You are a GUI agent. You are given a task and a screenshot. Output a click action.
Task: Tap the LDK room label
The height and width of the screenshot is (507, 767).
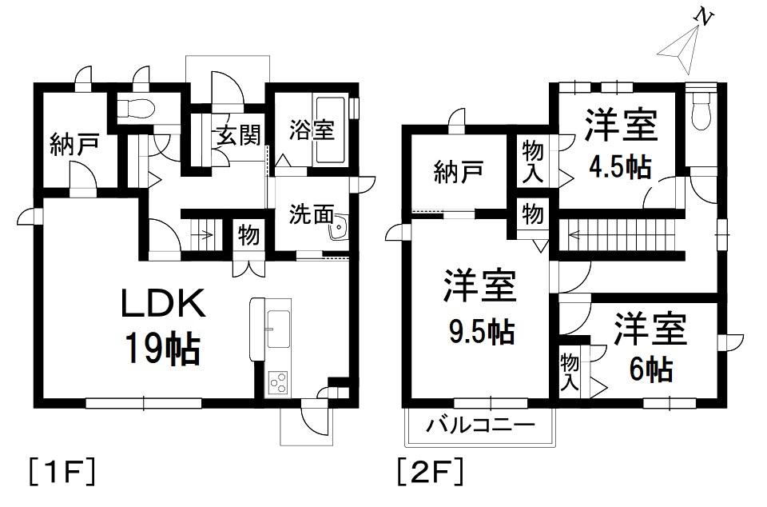(163, 304)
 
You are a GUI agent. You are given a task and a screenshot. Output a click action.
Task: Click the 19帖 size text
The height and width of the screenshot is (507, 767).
(163, 349)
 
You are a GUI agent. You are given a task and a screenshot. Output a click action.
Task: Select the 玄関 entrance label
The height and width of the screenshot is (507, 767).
(239, 134)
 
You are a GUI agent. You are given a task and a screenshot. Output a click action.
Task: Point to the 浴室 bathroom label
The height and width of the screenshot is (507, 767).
(312, 130)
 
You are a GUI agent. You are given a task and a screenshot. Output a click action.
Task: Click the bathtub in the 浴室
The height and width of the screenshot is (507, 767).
(332, 130)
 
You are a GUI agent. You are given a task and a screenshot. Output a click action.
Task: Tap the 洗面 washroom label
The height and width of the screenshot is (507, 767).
(312, 214)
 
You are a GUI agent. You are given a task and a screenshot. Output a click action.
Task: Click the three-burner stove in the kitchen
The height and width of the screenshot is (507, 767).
(278, 383)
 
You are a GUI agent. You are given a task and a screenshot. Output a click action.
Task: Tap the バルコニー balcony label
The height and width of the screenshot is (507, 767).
(480, 425)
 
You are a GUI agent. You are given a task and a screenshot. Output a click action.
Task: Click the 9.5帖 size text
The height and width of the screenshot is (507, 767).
(482, 333)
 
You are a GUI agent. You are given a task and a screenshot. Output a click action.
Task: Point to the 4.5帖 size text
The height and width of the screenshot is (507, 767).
(620, 167)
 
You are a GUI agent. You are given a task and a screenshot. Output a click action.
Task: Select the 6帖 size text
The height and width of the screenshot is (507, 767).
(650, 369)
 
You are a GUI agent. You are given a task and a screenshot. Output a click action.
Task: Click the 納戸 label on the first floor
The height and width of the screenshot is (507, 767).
(74, 145)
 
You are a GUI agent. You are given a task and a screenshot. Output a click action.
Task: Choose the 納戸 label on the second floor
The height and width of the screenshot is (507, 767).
(459, 172)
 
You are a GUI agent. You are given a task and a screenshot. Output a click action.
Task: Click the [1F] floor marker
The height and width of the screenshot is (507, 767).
(62, 471)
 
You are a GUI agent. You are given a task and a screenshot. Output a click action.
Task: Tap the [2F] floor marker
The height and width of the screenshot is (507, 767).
(430, 471)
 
